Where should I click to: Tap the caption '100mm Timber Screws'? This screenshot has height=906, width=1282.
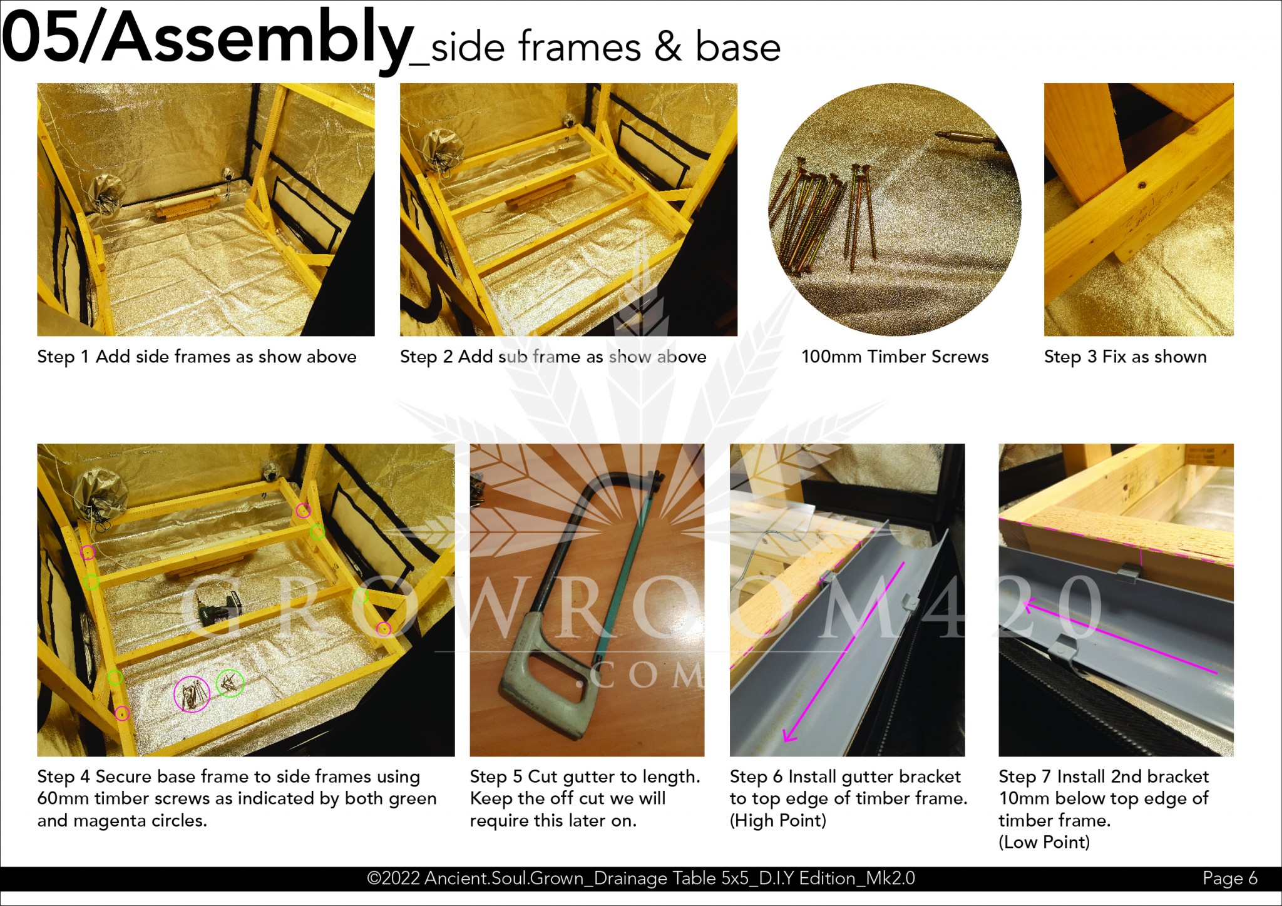click(x=895, y=357)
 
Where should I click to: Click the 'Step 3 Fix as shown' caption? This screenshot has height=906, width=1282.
click(x=1125, y=357)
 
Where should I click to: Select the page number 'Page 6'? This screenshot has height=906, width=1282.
click(x=1229, y=878)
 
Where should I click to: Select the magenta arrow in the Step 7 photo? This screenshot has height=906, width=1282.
click(x=1120, y=638)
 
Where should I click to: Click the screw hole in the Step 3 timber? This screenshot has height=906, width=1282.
click(x=1142, y=185)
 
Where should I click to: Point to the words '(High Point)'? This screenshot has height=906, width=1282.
click(x=778, y=820)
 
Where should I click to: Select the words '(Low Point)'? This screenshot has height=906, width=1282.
click(x=1044, y=842)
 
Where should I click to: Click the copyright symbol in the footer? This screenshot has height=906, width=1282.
click(x=374, y=878)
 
